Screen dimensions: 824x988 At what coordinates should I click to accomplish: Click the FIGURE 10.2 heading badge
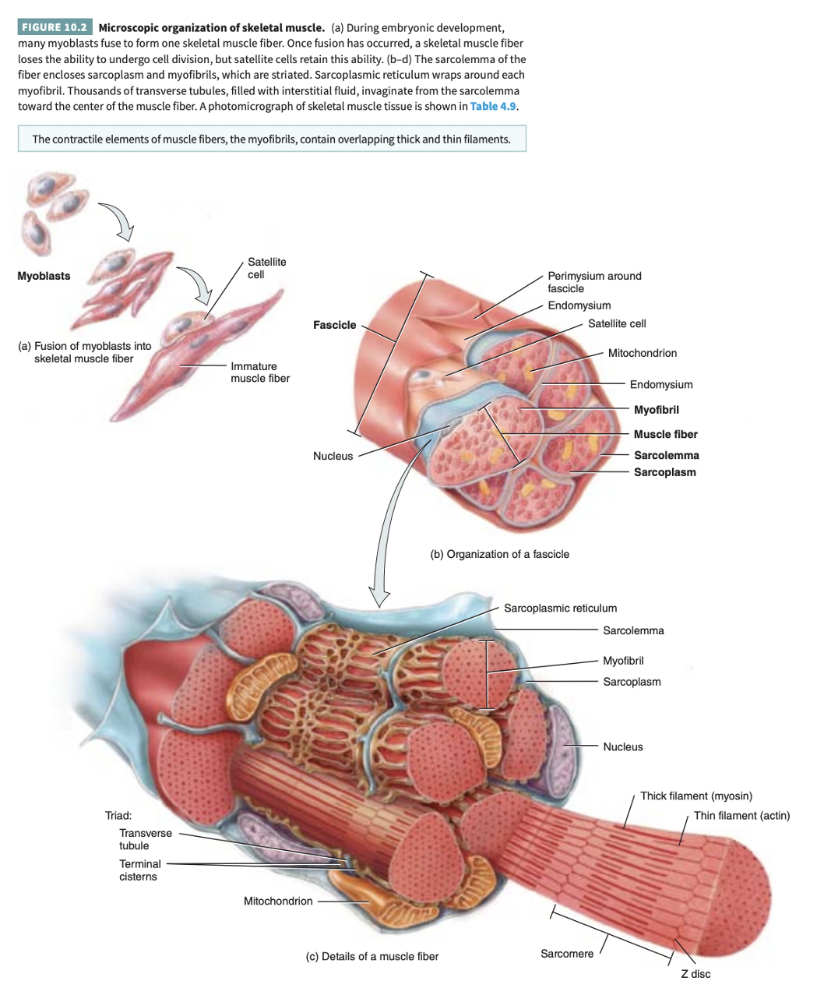click(54, 27)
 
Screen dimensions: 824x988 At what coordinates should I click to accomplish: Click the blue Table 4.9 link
click(492, 106)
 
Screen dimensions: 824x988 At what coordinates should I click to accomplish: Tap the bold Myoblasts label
click(44, 276)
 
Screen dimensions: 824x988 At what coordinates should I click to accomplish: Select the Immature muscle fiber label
click(259, 372)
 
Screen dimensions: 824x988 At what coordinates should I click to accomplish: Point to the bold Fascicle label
click(334, 325)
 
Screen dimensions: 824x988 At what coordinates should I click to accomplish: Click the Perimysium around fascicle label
click(594, 282)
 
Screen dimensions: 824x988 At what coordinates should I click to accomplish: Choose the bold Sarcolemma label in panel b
click(666, 455)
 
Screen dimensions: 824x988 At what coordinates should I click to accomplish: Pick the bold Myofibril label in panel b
click(656, 410)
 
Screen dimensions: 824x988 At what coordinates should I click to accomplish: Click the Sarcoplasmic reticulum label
click(560, 608)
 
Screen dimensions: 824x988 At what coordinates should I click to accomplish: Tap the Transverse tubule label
click(145, 839)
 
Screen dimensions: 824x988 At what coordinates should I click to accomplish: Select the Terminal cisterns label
click(139, 870)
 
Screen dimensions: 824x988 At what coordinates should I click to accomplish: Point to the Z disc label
click(695, 974)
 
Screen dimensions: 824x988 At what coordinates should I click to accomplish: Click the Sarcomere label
click(566, 954)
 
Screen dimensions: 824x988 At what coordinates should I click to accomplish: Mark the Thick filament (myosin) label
click(695, 796)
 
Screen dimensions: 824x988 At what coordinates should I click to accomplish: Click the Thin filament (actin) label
click(741, 815)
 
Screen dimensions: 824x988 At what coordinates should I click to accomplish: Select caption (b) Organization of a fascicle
click(499, 554)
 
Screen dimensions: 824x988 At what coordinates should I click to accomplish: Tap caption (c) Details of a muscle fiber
click(372, 956)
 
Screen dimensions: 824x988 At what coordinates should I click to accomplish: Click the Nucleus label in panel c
click(622, 746)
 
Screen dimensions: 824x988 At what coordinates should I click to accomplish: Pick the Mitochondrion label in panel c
click(277, 901)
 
